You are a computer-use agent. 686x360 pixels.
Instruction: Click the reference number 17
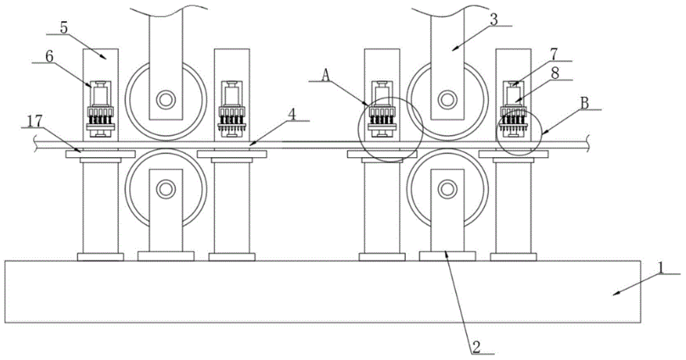click(x=35, y=121)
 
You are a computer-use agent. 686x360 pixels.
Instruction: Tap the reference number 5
click(x=64, y=28)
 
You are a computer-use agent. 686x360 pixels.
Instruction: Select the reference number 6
click(x=48, y=55)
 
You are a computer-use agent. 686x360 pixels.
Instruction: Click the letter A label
click(x=325, y=76)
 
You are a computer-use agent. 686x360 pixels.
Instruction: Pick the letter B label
click(x=584, y=104)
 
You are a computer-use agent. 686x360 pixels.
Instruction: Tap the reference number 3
click(x=493, y=20)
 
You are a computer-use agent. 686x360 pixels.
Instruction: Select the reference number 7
click(x=554, y=54)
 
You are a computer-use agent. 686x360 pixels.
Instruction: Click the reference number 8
click(x=555, y=74)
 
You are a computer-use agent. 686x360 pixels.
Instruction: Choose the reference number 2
click(x=477, y=347)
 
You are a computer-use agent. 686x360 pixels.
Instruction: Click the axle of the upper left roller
click(x=166, y=99)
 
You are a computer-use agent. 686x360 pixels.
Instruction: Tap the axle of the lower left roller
click(x=166, y=189)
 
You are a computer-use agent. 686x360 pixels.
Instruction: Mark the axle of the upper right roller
click(x=447, y=99)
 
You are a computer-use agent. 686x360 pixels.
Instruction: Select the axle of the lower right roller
click(x=447, y=189)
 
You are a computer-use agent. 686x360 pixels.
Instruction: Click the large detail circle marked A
click(x=391, y=129)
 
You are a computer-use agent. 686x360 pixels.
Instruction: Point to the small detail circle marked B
click(x=520, y=132)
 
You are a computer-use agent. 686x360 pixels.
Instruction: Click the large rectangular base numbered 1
click(x=323, y=292)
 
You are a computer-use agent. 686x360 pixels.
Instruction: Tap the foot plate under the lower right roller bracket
click(x=447, y=256)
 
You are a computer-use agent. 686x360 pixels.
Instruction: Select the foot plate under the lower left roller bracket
click(x=166, y=256)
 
